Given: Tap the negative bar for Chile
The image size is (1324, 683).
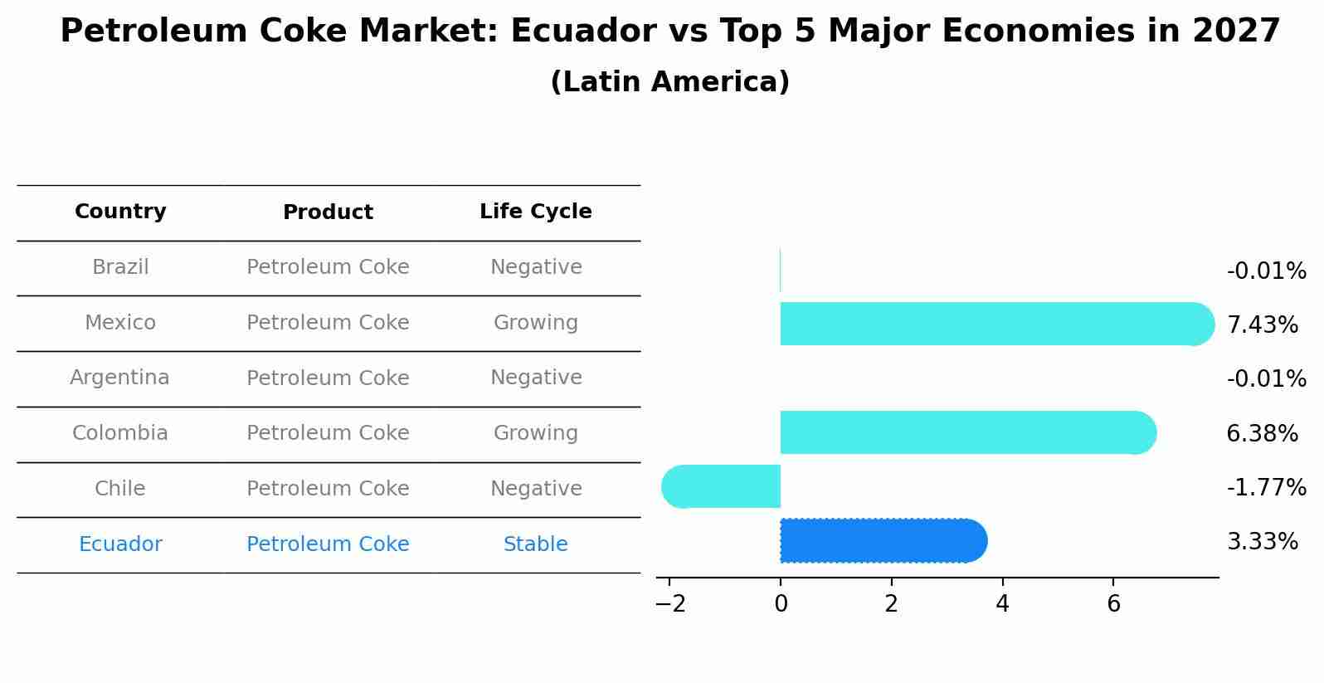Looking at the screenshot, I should click(722, 486).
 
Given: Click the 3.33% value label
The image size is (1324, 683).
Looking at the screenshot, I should click(1262, 542).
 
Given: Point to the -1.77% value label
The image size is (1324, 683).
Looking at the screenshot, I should click(1266, 487).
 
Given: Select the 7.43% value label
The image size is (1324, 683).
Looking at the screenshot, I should click(1262, 324).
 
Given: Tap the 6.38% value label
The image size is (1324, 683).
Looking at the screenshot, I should click(1262, 433).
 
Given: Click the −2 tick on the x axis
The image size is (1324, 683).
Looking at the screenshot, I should click(670, 604).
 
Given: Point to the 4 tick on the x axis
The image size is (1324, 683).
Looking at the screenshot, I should click(1002, 604).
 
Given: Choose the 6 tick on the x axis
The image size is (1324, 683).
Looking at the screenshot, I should click(1113, 604).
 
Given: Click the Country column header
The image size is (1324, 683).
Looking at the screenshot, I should click(120, 212).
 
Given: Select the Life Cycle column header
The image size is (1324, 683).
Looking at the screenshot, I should click(535, 212).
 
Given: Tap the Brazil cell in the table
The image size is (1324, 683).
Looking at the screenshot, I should click(120, 267).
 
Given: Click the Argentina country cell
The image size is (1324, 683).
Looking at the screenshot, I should click(120, 378).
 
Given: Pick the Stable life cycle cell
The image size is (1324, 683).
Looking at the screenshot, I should click(535, 544).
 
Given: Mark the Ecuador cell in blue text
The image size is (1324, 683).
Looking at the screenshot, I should click(120, 544).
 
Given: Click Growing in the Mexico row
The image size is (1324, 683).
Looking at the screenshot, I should click(535, 323).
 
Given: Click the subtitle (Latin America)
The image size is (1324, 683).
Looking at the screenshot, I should click(669, 82).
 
